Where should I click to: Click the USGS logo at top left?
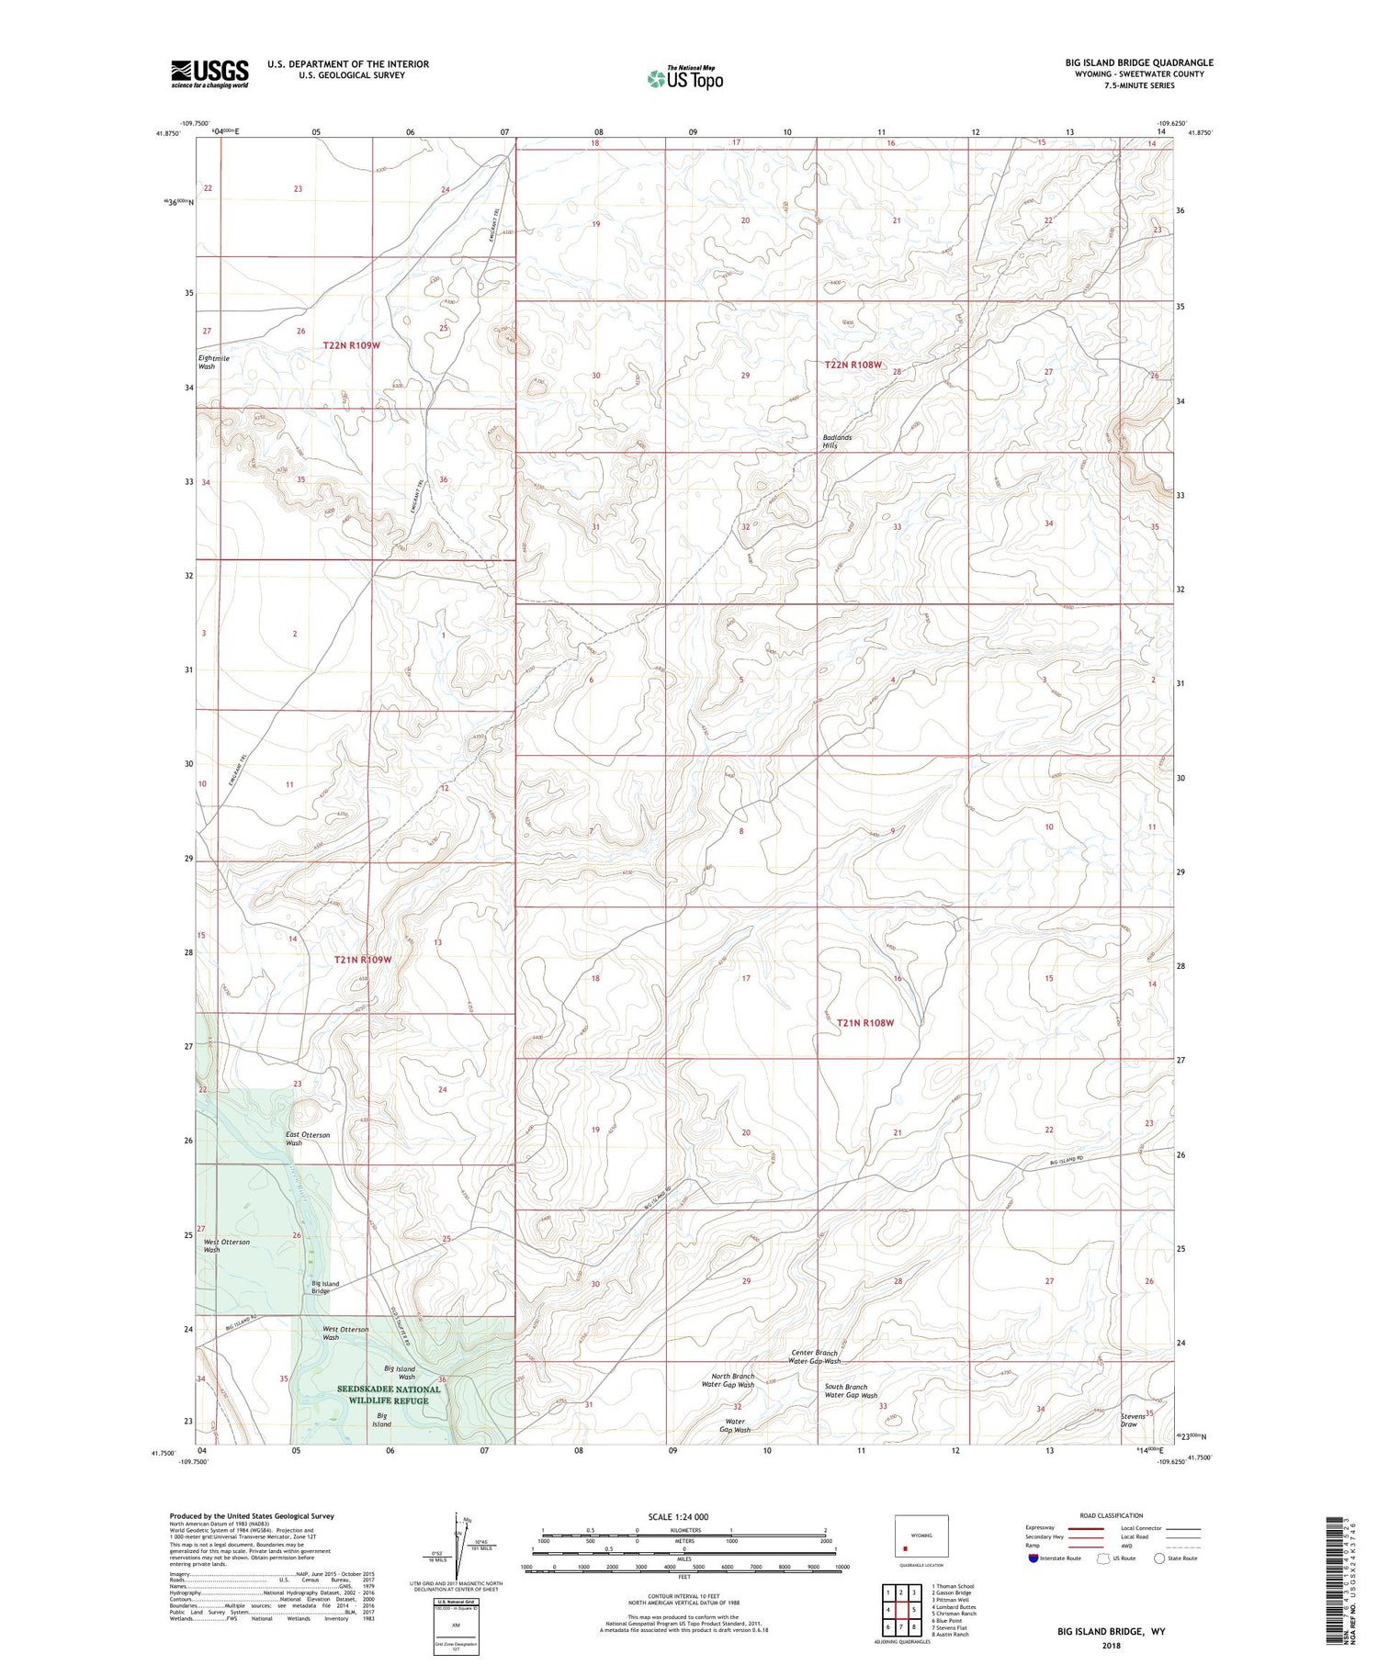pos(209,73)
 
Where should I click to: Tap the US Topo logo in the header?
pos(685,79)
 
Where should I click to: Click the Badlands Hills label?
pos(837,441)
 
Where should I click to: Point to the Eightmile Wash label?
pos(213,362)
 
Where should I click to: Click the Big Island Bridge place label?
pos(325,1287)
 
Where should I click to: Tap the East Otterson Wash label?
pos(307,1139)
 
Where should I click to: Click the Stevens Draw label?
pos(1133,1420)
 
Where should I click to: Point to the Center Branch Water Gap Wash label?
pos(816,1356)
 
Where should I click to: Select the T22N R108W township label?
pos(853,365)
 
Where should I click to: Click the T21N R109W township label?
pos(363,959)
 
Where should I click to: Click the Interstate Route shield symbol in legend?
pos(1033,1558)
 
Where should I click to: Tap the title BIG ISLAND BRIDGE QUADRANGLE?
pos(1139,62)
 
